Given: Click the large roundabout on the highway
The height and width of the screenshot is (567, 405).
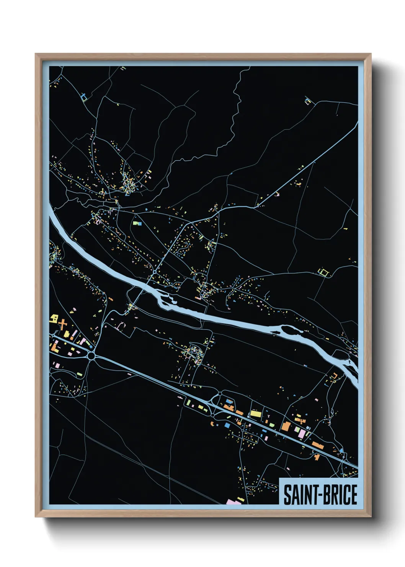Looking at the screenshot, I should click(x=91, y=356).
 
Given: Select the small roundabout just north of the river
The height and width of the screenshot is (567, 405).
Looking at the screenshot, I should click(x=154, y=272).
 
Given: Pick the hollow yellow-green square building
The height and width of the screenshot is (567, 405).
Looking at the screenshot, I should click(x=324, y=272).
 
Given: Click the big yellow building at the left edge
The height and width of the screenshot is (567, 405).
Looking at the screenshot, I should click(x=54, y=318).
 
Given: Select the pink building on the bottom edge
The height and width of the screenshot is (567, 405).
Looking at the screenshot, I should click(x=233, y=501).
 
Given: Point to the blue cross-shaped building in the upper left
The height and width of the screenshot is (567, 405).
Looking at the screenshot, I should click(x=84, y=96).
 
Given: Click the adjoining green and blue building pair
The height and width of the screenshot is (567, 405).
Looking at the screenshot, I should click(x=137, y=223).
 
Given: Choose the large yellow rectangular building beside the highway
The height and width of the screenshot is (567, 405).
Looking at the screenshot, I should click(x=255, y=414).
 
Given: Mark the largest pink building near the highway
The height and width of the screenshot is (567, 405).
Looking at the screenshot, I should click(x=302, y=434).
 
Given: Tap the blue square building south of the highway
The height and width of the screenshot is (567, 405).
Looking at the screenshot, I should click(x=227, y=425).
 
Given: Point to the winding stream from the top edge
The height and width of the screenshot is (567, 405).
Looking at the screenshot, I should click(x=232, y=123).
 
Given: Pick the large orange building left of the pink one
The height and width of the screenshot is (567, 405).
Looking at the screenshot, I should click(x=286, y=426).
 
